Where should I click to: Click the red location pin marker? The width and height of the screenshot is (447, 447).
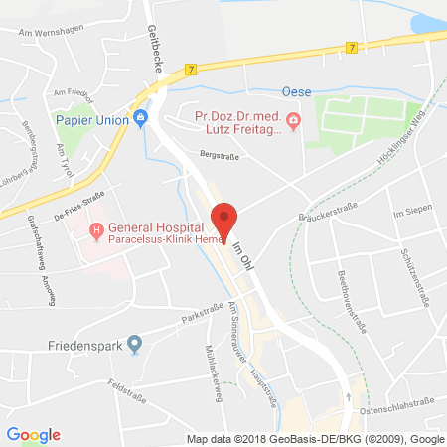click(x=226, y=220)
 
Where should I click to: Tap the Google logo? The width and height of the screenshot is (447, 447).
click(x=34, y=435)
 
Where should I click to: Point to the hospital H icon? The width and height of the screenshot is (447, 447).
click(x=95, y=232)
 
